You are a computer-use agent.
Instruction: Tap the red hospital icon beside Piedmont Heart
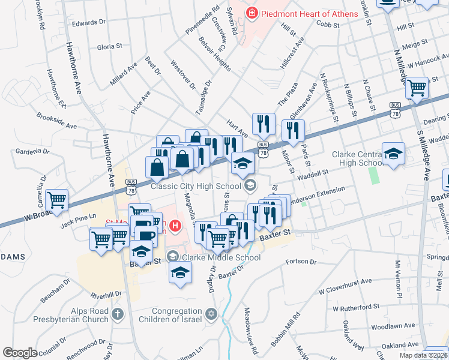point(252,12)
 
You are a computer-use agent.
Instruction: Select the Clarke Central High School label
point(358,158)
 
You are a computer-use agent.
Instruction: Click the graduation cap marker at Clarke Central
point(393,154)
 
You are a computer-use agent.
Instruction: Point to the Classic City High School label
point(197,185)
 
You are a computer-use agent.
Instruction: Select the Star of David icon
point(211,314)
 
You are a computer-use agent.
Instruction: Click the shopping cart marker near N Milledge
point(416,88)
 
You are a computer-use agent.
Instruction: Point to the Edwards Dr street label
point(89,23)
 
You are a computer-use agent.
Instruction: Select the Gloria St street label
point(110,46)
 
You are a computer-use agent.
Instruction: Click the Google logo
point(20,352)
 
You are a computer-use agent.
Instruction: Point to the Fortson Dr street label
point(301,262)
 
